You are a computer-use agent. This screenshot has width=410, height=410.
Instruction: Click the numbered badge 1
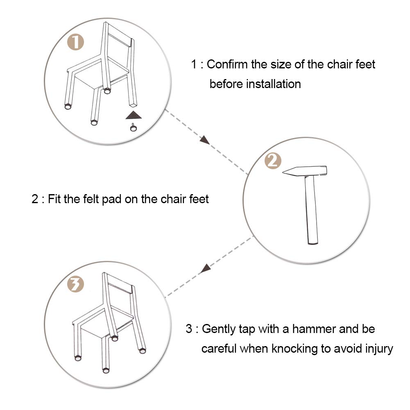(x=75, y=42)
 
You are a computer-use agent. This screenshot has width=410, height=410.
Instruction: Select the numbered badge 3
(x=76, y=284)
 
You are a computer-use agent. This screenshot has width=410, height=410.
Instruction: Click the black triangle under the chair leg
(x=134, y=115)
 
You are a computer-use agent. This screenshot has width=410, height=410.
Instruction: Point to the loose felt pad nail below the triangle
(x=134, y=127)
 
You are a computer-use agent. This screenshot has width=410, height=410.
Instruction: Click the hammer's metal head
(x=305, y=171)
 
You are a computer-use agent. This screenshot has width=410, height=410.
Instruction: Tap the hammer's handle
(x=311, y=210)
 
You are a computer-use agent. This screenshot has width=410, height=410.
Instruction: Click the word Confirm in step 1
(x=227, y=64)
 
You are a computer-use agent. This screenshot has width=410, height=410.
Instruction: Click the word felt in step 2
(x=91, y=199)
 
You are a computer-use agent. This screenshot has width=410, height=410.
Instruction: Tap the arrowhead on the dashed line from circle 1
(x=205, y=140)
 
